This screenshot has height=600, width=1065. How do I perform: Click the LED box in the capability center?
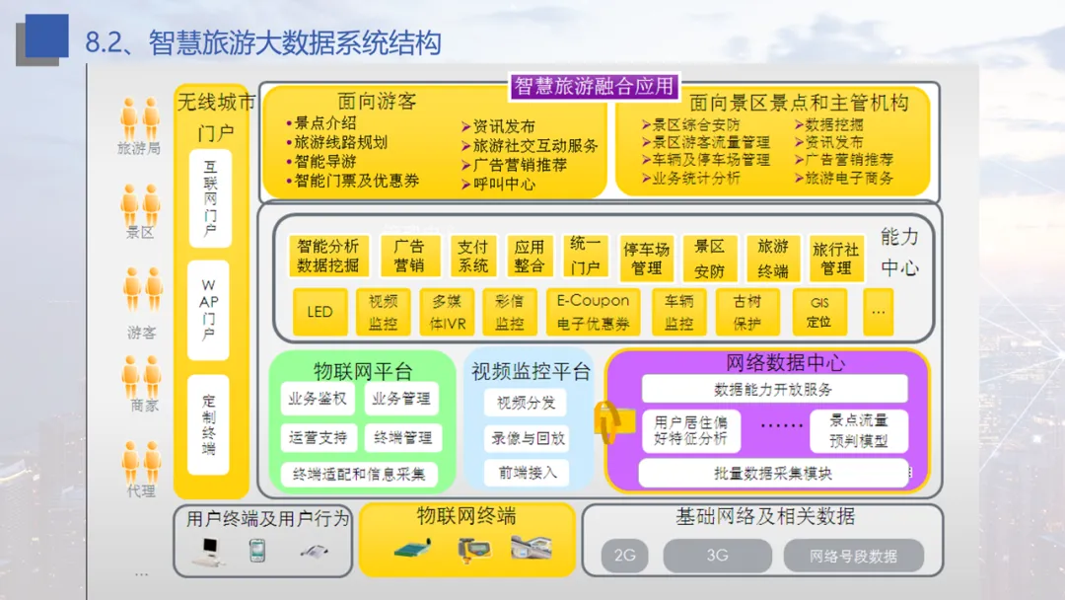[319, 312]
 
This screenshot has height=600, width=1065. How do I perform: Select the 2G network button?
[625, 556]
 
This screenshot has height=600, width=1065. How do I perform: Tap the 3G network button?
[717, 556]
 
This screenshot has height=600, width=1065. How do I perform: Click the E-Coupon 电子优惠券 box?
[593, 312]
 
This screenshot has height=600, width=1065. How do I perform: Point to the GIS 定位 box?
[819, 312]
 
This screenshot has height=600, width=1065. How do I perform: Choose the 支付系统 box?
[473, 256]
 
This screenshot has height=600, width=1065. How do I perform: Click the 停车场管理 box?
[646, 257]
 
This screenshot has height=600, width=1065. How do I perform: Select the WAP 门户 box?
[209, 310]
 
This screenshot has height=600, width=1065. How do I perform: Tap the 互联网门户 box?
[209, 197]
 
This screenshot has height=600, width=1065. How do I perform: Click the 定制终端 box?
[209, 424]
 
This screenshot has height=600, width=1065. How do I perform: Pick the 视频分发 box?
[527, 403]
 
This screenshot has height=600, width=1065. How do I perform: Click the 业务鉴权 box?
[318, 400]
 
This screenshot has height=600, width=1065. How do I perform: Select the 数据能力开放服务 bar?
[773, 389]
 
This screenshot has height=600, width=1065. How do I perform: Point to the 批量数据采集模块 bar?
[773, 474]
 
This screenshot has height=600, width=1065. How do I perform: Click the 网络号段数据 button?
[854, 556]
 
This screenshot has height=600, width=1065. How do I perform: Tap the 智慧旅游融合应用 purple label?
[594, 87]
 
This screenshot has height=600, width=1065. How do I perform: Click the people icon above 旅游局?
[140, 118]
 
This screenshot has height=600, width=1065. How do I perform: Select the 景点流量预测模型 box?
[858, 430]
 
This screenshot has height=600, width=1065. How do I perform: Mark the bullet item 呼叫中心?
[503, 184]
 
